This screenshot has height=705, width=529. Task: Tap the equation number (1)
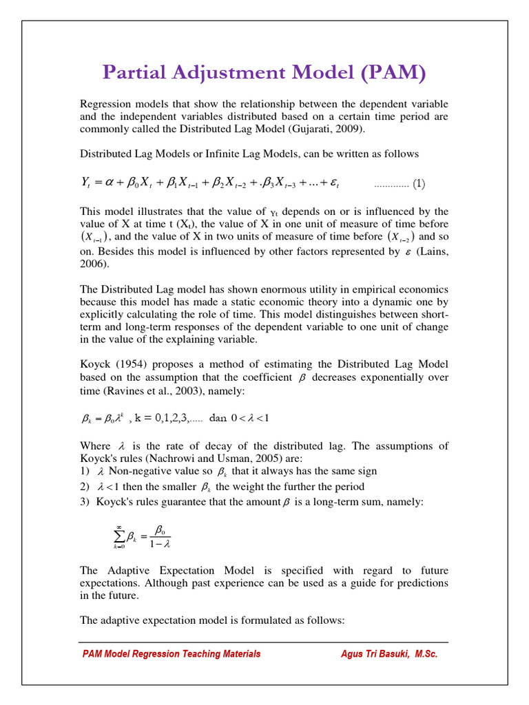[419, 184]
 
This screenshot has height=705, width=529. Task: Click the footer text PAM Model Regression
[131, 654]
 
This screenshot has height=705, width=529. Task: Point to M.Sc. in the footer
[426, 654]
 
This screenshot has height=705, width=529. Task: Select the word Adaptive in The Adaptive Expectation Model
[131, 570]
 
